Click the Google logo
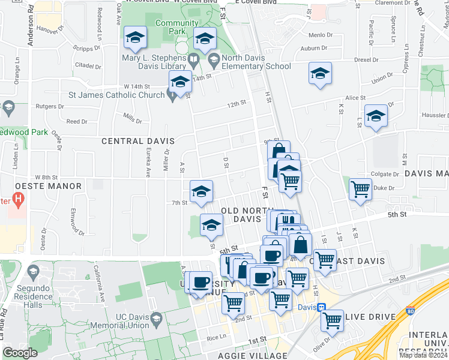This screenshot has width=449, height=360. click(x=20, y=353)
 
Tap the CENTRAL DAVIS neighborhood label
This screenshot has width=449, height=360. click(x=138, y=142)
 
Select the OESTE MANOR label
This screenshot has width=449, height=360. click(x=43, y=187)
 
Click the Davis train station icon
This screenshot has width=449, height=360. click(x=321, y=307)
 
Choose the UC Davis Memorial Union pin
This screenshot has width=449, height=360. click(x=157, y=317)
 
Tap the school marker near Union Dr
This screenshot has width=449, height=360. click(x=320, y=74)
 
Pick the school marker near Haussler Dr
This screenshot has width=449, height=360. click(x=376, y=116)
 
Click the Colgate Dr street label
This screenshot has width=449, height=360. click(x=385, y=175)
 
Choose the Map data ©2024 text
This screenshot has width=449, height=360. click(x=423, y=355)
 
